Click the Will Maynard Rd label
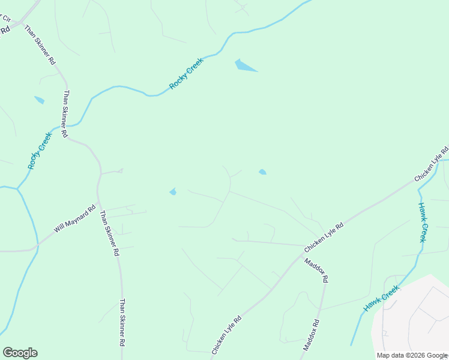pyautogui.click(x=74, y=220)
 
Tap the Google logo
pyautogui.click(x=20, y=353)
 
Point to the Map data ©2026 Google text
pyautogui.click(x=412, y=355)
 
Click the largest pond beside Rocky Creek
pyautogui.click(x=244, y=65)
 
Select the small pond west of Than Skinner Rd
pyautogui.click(x=40, y=100)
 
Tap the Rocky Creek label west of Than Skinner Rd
pyautogui.click(x=40, y=150)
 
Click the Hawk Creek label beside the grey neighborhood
pyautogui.click(x=382, y=299)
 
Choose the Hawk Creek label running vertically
pyautogui.click(x=423, y=221)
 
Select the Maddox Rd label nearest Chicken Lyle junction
pyautogui.click(x=316, y=270)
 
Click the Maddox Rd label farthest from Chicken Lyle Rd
pyautogui.click(x=311, y=335)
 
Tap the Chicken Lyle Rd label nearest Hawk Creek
pyautogui.click(x=432, y=164)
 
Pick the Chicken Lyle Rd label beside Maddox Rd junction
pyautogui.click(x=324, y=238)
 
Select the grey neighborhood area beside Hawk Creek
pyautogui.click(x=414, y=318)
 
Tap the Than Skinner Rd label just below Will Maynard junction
pyautogui.click(x=109, y=233)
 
